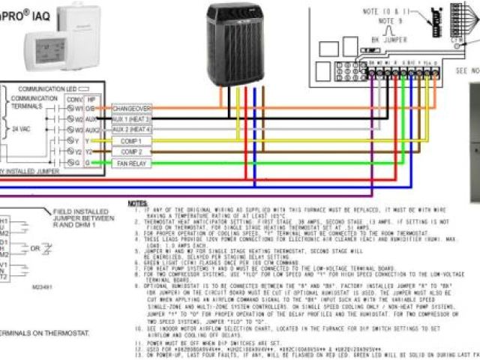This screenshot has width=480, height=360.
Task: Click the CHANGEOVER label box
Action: pos(131,109)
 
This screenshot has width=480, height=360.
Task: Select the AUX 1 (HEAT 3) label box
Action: pos(131,119)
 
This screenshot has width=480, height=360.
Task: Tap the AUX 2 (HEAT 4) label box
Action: pos(131,129)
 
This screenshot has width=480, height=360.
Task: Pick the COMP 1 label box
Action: pos(131,140)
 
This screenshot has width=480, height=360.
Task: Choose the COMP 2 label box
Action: pos(131,151)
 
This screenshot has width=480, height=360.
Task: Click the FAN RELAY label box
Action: pos(131,162)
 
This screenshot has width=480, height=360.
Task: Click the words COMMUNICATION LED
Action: pos(51,88)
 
